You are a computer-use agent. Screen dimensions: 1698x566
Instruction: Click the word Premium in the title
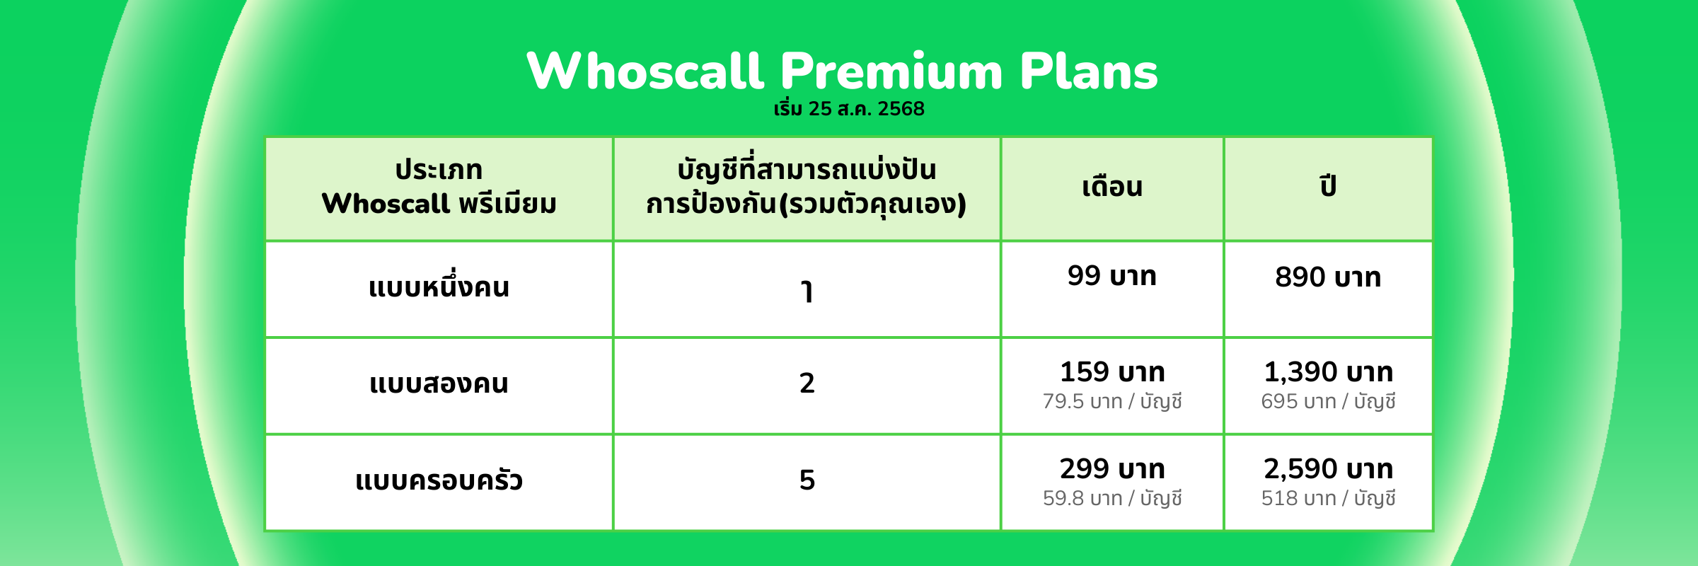pos(892,71)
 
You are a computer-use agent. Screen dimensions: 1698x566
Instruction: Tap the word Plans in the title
pos(1089,71)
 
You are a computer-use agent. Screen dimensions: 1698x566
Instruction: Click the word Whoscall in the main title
pos(645,71)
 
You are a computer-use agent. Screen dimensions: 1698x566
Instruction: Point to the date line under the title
pos(849,109)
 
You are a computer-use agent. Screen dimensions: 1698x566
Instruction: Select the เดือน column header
pos(1112,187)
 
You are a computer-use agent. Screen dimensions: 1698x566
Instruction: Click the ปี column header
pos(1328,186)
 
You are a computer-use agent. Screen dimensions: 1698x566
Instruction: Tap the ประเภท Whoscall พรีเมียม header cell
pos(439,187)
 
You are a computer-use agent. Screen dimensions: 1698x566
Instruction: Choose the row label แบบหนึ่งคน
pos(439,286)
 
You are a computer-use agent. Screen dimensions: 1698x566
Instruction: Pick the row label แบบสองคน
pos(439,383)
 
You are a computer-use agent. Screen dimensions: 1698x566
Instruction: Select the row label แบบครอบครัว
pos(439,480)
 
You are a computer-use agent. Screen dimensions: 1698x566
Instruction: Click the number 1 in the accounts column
pos(807,291)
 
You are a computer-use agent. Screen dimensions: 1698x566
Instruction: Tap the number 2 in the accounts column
pos(807,383)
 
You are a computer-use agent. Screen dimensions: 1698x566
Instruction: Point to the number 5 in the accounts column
pos(807,480)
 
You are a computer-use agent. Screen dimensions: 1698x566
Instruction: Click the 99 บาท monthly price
pos(1112,275)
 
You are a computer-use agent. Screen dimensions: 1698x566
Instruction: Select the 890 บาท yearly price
pos(1328,277)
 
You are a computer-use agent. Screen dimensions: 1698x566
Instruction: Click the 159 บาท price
pos(1112,371)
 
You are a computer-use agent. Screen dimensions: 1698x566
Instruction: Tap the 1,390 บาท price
pos(1328,371)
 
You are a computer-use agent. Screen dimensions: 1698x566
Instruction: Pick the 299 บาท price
pos(1112,468)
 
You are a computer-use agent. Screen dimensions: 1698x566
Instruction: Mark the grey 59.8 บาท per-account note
pos(1112,498)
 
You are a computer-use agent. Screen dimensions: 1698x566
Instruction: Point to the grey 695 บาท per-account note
pos(1328,401)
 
